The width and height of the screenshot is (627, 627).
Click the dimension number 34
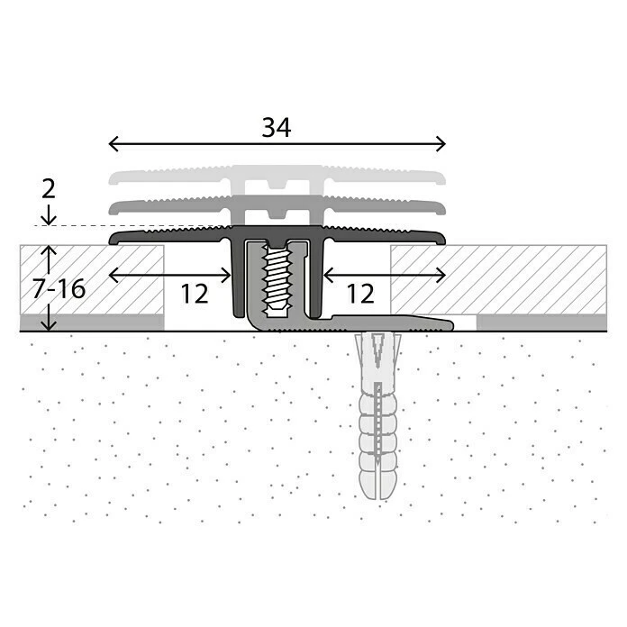point(277,128)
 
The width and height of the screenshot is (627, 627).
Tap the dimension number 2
point(49,188)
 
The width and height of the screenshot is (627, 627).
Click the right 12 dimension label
point(360,293)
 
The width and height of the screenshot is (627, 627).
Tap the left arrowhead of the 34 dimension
point(112,144)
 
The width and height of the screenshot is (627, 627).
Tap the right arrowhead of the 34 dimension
point(442,144)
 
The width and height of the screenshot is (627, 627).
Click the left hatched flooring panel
point(90,279)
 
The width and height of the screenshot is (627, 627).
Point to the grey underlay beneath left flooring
point(90,323)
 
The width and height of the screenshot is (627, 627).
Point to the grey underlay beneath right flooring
point(541,323)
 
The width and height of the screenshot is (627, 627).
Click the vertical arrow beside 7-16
point(50,288)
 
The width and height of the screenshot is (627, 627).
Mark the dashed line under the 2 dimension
point(135,226)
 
